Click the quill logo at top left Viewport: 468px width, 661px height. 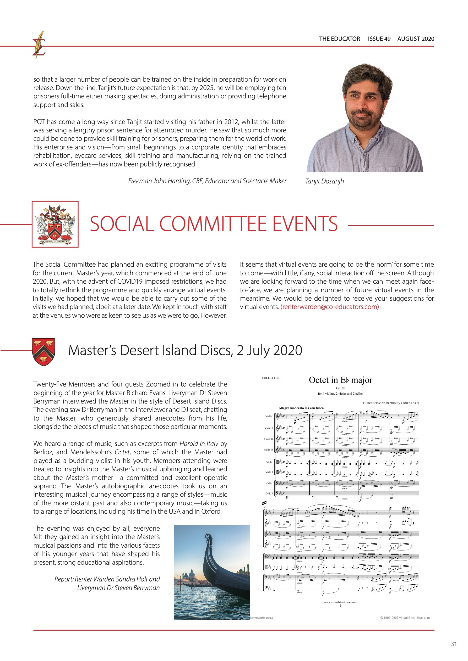[39, 45]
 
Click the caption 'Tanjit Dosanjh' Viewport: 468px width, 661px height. [324, 181]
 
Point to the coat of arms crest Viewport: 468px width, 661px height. [55, 224]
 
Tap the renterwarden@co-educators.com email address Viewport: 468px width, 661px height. [330, 307]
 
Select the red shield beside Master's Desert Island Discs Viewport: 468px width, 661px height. [43, 351]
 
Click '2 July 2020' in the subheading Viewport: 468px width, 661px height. [269, 350]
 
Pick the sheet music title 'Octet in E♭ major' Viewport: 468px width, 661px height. [340, 380]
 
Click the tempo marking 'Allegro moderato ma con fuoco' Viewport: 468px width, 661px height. [301, 408]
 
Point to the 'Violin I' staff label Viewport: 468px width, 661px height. [269, 416]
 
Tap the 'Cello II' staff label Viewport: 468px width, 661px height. [269, 494]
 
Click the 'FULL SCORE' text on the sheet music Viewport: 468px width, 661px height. [271, 378]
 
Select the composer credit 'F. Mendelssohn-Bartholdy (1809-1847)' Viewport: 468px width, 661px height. [391, 403]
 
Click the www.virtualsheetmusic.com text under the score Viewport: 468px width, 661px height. [340, 602]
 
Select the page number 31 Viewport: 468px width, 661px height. [453, 644]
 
